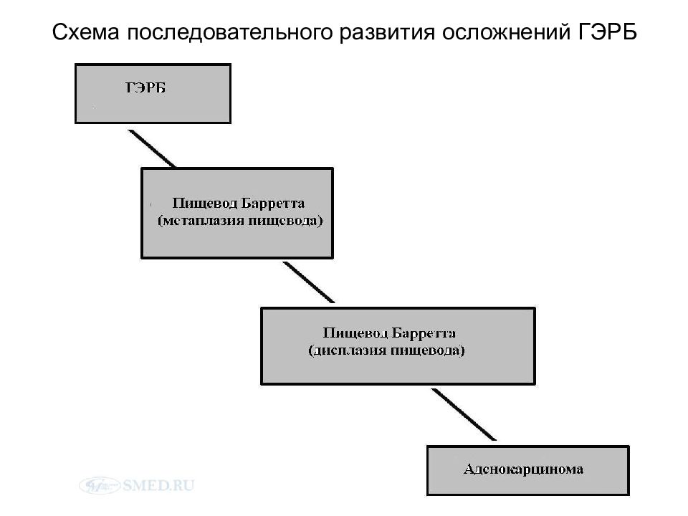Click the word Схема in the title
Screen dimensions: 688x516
coord(85,32)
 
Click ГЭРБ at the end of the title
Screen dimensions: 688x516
coord(607,32)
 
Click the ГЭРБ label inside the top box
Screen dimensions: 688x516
coord(145,87)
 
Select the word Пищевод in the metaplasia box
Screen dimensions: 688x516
coord(204,203)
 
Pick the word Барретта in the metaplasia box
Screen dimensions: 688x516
coord(272,203)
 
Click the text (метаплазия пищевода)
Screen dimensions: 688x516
coord(240,220)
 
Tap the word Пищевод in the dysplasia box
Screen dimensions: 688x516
coord(355,333)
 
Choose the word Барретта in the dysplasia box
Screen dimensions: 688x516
coord(424,333)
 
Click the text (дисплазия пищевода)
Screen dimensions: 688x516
coord(386,350)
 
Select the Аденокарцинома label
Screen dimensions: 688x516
coord(523,469)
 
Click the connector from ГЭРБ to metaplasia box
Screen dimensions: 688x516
coord(152,149)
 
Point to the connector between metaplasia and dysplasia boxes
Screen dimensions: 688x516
coord(309,282)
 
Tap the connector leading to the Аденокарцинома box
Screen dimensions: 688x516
coord(464,415)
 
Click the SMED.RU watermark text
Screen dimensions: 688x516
coord(158,485)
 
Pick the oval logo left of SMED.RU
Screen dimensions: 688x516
coord(100,485)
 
